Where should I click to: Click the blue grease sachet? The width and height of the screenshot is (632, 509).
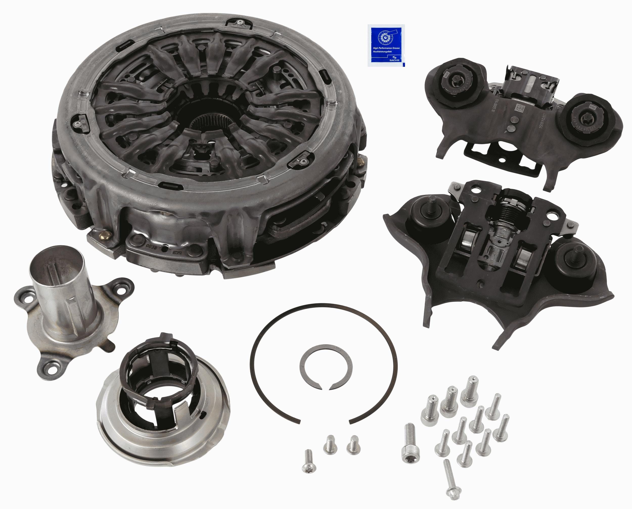(386, 46)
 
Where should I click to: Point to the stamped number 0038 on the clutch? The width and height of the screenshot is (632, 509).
(150, 245)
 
